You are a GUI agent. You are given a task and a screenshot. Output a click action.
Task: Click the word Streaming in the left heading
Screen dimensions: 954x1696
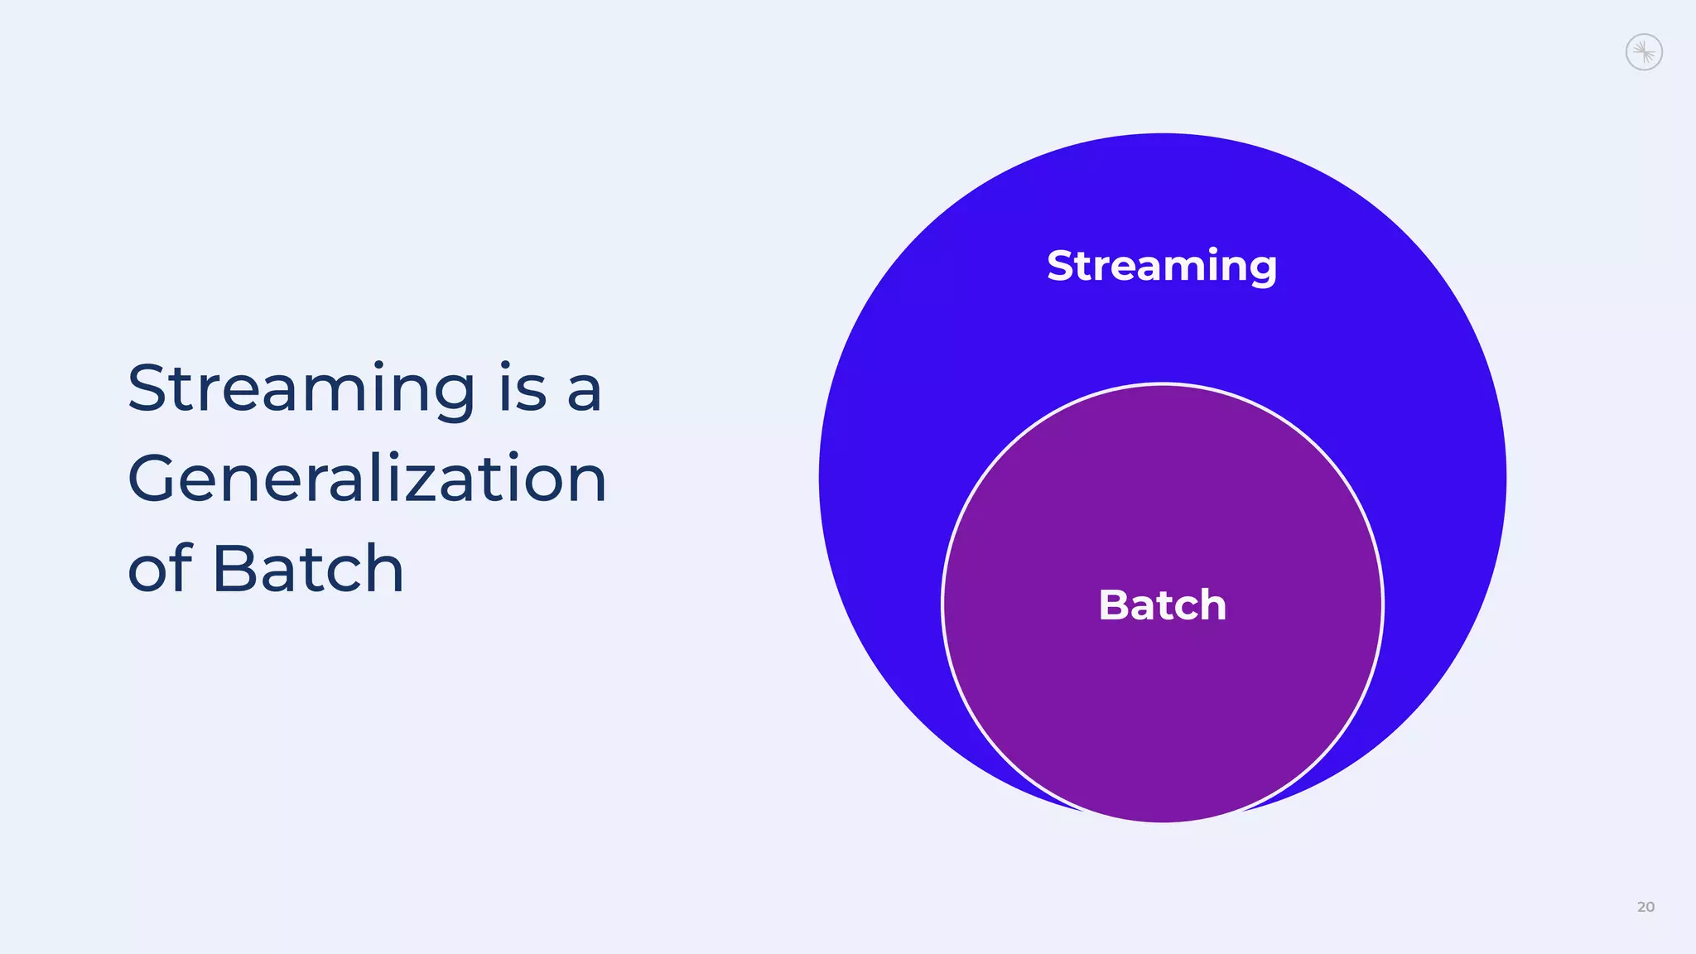(x=301, y=389)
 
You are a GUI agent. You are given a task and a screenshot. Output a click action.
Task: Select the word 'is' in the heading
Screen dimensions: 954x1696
(x=523, y=389)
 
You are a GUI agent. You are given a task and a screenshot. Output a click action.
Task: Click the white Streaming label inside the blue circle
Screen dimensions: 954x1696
(x=1162, y=266)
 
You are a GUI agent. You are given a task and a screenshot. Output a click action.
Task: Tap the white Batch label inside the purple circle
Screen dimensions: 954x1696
(x=1162, y=605)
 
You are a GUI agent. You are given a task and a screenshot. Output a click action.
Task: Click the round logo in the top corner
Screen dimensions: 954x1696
(x=1644, y=52)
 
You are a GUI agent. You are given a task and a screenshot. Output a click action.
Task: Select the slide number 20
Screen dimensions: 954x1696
(x=1645, y=907)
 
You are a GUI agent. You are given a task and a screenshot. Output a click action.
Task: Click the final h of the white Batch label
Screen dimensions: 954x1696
(x=1212, y=605)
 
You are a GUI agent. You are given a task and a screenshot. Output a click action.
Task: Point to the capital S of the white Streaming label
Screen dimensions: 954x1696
(x=1062, y=266)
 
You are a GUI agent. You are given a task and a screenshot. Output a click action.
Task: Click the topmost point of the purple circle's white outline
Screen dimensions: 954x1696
(x=1163, y=383)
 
